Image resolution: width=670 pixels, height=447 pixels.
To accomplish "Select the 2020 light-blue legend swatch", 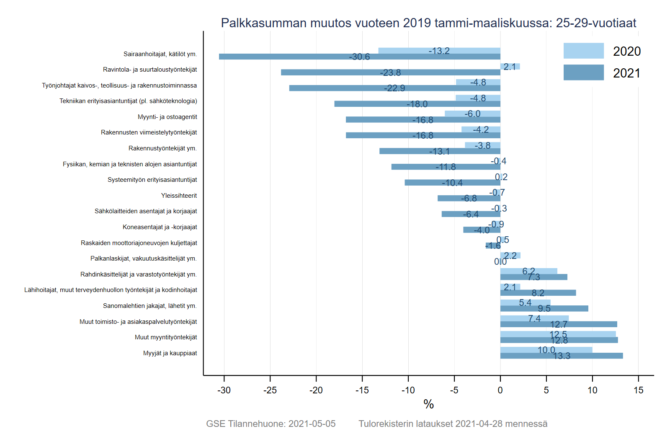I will (583, 51).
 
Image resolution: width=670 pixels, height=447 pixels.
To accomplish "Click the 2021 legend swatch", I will (583, 72).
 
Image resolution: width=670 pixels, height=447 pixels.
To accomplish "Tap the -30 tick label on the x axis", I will (224, 390).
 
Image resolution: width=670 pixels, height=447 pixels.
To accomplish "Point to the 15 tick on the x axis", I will (638, 390).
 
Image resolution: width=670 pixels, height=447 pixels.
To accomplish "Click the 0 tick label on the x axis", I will (500, 390).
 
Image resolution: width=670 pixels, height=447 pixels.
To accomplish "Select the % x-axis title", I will (428, 404).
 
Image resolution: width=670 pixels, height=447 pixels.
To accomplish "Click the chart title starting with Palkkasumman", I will (428, 23).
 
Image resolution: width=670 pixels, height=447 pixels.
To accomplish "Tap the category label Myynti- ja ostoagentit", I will (167, 117).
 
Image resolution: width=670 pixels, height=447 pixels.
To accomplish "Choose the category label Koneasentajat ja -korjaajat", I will (160, 227).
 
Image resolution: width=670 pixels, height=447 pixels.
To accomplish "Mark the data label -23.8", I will (390, 73).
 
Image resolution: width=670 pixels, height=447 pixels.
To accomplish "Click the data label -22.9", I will (394, 88).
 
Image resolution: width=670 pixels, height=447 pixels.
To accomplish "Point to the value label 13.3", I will (562, 356).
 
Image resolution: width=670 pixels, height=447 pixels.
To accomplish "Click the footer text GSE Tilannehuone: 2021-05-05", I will (271, 424).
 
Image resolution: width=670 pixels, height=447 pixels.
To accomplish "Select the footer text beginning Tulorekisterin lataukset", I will (453, 424).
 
